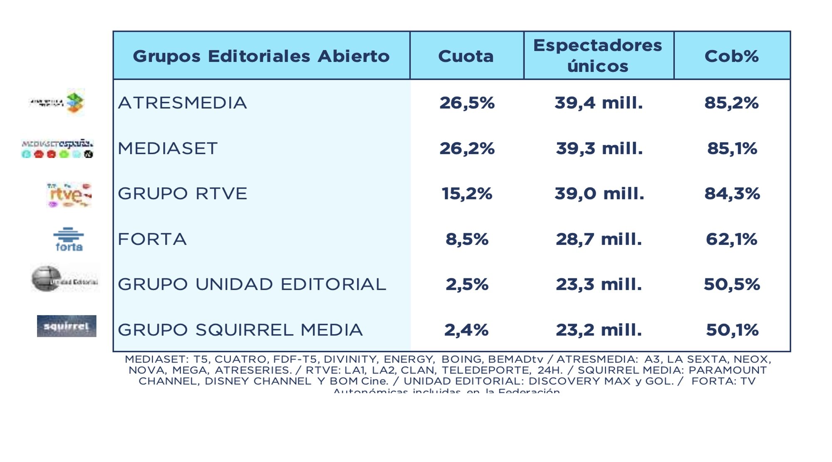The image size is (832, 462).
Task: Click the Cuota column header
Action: [466, 56]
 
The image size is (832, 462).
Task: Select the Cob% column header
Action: [731, 56]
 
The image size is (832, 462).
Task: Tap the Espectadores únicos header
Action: [598, 55]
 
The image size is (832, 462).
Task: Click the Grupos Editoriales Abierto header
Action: [261, 56]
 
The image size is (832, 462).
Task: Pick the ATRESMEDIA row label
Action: [183, 103]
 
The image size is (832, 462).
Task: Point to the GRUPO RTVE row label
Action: [183, 194]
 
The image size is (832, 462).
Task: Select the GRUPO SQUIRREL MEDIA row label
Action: [240, 330]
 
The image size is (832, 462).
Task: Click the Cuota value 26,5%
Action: [467, 103]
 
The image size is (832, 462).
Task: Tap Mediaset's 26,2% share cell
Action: [467, 148]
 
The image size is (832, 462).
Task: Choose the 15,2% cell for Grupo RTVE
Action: [467, 194]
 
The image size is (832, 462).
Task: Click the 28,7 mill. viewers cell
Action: [599, 239]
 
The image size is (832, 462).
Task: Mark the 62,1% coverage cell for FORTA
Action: [731, 239]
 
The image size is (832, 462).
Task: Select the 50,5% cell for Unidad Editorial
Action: [731, 285]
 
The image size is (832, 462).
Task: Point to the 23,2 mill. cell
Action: [599, 330]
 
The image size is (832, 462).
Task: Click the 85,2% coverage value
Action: [731, 103]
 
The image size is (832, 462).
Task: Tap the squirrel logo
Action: [67, 326]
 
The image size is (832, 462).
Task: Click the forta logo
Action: [69, 239]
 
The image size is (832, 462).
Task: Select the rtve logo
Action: [69, 194]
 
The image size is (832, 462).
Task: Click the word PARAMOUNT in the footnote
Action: [728, 370]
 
